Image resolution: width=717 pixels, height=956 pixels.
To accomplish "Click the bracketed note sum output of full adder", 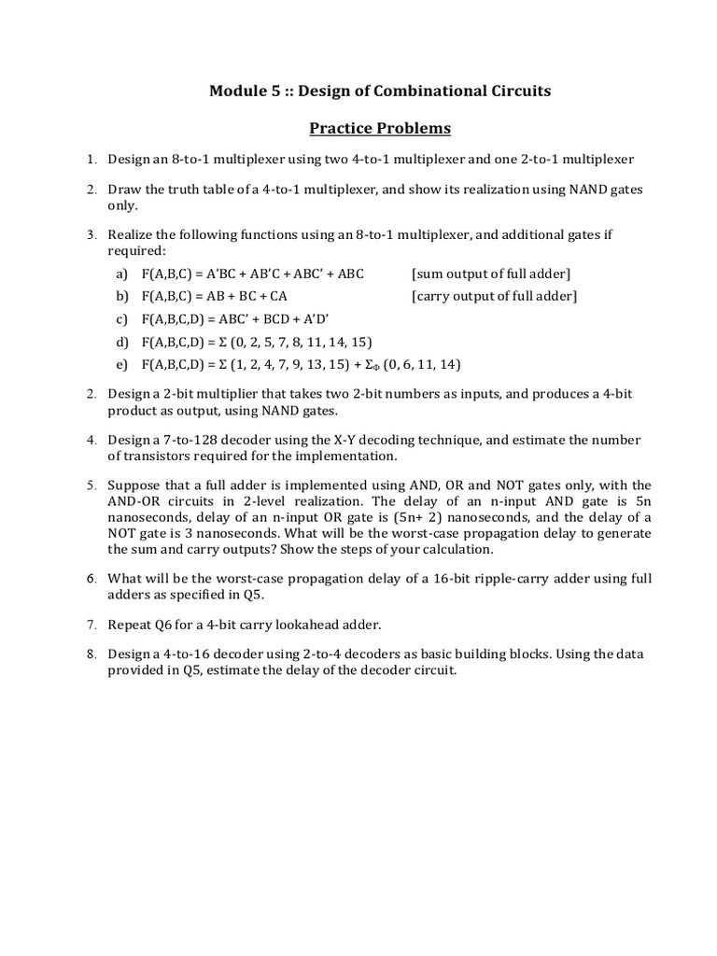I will pos(490,274).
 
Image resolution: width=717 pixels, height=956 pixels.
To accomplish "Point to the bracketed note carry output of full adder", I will pos(494,297).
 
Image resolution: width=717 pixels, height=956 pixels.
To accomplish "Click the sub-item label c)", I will pos(121,319).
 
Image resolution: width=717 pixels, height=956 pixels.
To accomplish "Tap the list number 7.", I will pos(92,624).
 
